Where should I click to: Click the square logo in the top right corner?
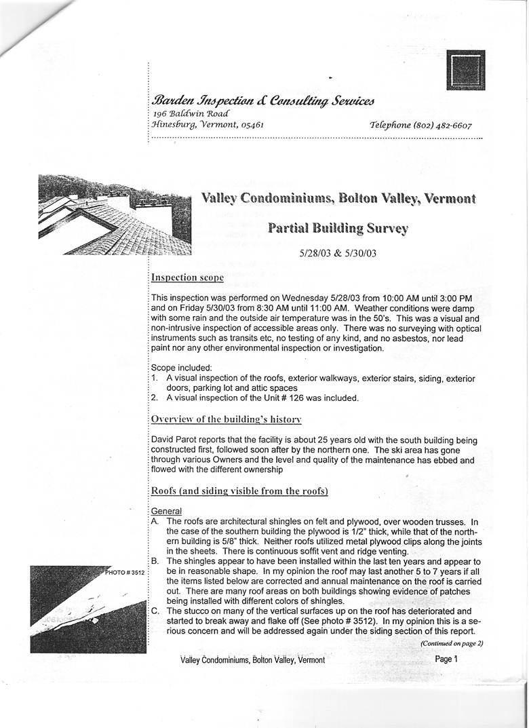[x=466, y=71]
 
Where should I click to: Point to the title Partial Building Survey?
[x=338, y=228]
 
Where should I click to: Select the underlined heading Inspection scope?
[x=187, y=277]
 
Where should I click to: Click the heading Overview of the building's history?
[x=216, y=419]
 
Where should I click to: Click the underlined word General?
[x=167, y=510]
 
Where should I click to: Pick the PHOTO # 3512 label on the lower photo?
[x=125, y=573]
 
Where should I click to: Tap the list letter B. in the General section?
[x=155, y=562]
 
